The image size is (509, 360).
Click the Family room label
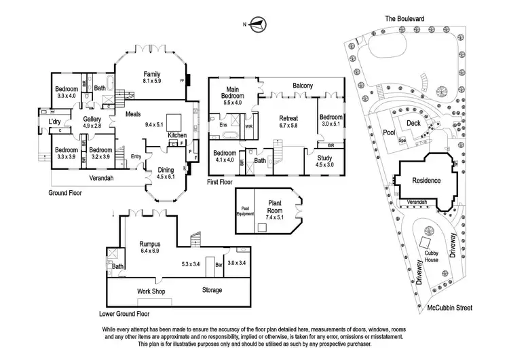click(150, 74)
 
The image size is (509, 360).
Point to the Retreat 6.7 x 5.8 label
click(288, 121)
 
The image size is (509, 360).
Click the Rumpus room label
click(149, 243)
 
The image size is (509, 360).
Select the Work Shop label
click(151, 291)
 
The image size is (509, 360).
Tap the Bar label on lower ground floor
click(219, 264)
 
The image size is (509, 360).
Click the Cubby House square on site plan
click(426, 242)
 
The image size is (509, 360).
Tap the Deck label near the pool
click(414, 123)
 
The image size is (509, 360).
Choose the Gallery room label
click(92, 118)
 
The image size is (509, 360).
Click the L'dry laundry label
click(54, 122)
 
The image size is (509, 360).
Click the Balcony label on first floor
click(303, 86)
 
